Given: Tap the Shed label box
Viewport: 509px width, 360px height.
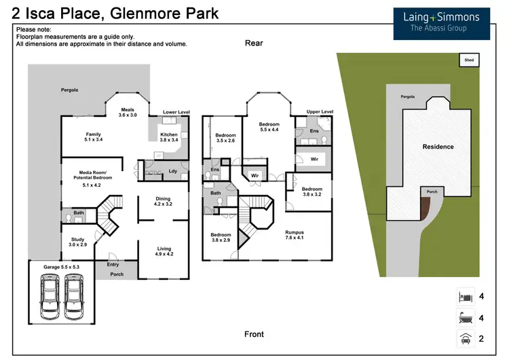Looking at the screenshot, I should [x=469, y=60].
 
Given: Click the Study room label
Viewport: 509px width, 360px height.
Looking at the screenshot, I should [x=79, y=240].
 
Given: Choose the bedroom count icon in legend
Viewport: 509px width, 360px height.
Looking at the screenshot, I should [x=464, y=297].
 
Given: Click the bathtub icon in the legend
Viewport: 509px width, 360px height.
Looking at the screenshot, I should [x=464, y=317].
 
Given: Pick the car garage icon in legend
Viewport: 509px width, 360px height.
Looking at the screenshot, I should [x=464, y=338].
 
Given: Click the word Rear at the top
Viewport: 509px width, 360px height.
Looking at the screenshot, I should [x=254, y=43].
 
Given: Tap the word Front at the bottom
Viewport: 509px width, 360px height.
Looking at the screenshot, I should [x=254, y=334].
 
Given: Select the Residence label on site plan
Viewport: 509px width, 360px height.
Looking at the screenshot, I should [x=438, y=147].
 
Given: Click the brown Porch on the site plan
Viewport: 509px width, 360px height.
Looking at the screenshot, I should [x=425, y=206].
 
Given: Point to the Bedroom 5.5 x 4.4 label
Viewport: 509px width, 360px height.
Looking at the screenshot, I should [x=269, y=126].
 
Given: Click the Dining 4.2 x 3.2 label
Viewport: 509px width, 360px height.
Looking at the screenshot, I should [x=163, y=201].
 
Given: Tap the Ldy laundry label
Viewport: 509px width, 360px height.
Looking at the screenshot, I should [x=173, y=170].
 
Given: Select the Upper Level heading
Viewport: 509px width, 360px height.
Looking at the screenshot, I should [x=320, y=111].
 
